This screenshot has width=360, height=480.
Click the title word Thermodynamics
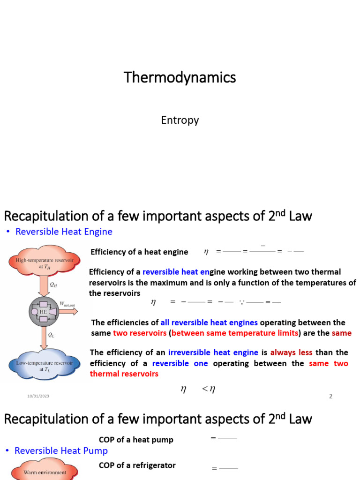click(x=180, y=77)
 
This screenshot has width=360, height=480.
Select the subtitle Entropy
click(x=180, y=120)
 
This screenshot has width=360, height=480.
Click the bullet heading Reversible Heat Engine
click(x=64, y=232)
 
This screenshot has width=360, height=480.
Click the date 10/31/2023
click(x=38, y=397)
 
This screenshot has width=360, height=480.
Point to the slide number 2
click(x=330, y=396)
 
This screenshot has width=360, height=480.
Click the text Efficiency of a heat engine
click(x=139, y=252)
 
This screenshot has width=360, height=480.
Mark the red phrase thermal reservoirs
click(x=124, y=374)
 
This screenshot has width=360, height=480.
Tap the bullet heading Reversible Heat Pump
click(x=61, y=450)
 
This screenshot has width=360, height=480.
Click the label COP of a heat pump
click(x=136, y=440)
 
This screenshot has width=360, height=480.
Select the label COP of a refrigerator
click(x=137, y=465)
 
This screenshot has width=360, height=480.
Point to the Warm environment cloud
click(x=45, y=472)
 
